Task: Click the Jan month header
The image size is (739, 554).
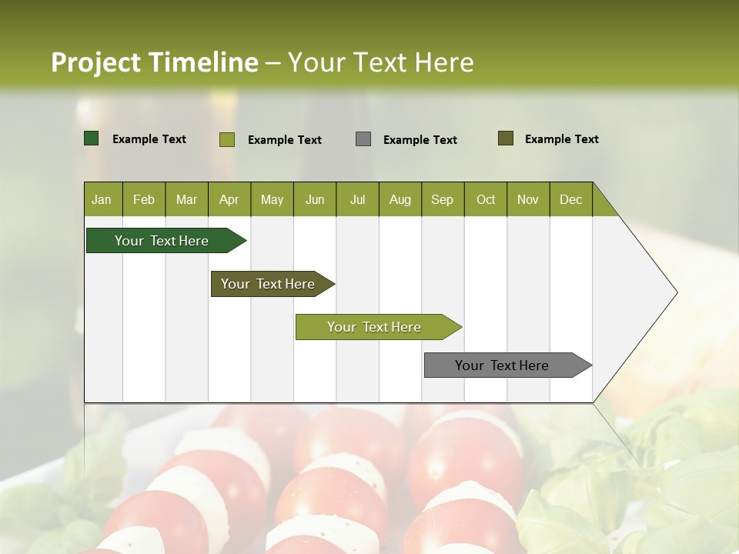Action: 102,200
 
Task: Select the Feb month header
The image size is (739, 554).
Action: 144,200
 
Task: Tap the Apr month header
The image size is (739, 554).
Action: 229,200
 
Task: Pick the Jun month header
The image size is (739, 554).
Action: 315,200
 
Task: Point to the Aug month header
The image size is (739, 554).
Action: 400,200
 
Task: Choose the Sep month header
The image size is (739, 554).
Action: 442,200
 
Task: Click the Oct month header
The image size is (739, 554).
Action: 486,200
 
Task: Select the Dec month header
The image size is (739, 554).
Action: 570,200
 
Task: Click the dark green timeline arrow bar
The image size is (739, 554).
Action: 162,241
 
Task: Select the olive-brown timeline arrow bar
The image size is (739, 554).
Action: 269,284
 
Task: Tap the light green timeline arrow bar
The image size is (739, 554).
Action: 375,327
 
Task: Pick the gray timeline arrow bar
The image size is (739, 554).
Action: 503,365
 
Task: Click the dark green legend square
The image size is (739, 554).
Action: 92,138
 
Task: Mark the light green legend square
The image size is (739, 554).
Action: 227,139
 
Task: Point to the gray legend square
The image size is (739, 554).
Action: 363,139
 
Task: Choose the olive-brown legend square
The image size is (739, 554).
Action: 506,138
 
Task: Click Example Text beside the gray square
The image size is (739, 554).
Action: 420,140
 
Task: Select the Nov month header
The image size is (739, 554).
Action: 527,200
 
